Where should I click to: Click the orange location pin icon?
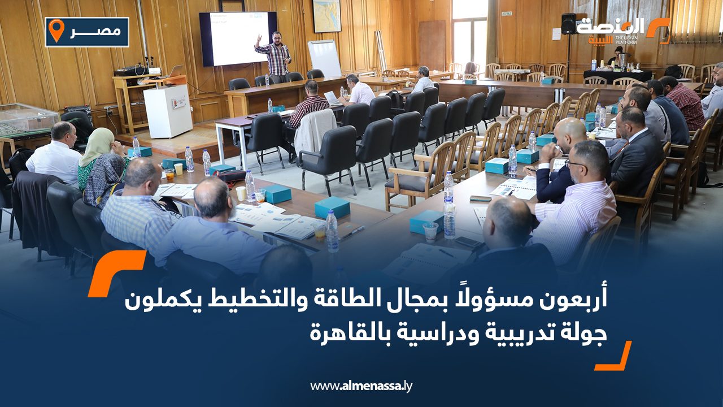tap(56, 31)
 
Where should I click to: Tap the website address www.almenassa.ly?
tap(361, 386)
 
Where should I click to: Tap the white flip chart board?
tap(324, 58)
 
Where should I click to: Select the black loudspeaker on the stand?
tap(568, 24)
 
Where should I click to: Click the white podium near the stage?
tap(168, 111)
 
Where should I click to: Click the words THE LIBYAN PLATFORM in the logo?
tap(626, 40)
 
